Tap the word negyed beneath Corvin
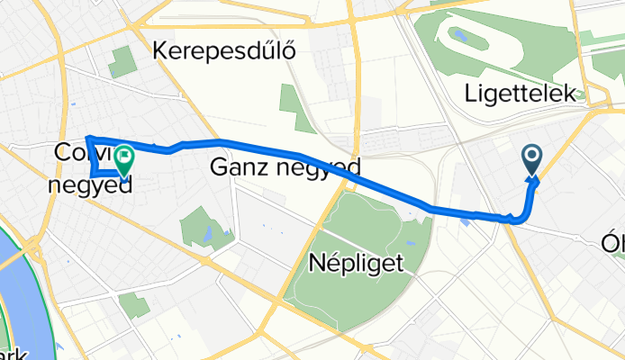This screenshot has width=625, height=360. pos(89,185)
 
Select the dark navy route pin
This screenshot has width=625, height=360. pos(531,159)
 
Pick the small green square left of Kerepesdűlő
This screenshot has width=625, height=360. pos(121,63)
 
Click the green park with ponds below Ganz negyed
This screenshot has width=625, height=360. pos(205,226)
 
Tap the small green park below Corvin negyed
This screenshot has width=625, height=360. pos(134,306)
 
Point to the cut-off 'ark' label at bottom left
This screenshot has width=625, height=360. pos(11,352)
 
